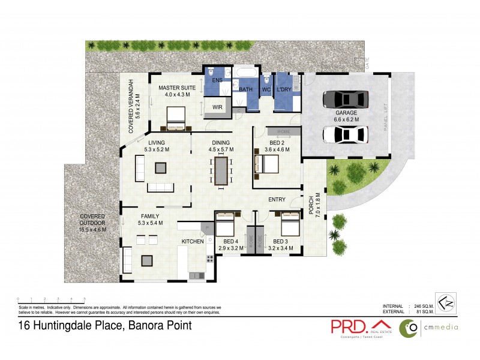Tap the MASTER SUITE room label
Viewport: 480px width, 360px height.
click(174, 88)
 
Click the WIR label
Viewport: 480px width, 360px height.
click(215, 108)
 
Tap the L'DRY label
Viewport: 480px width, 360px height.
click(284, 89)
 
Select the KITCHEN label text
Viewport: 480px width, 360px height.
click(193, 241)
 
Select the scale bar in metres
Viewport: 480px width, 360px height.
click(51, 299)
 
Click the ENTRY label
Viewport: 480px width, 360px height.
click(277, 200)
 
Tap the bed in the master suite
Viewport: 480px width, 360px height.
click(176, 118)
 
